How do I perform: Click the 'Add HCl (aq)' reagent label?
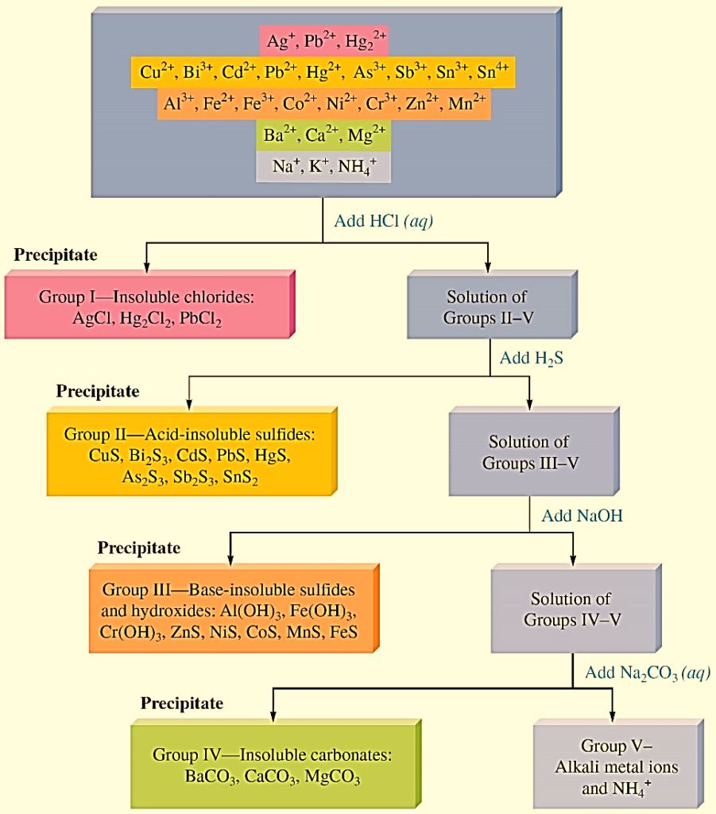pyautogui.click(x=383, y=221)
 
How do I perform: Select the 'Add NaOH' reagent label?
pyautogui.click(x=582, y=515)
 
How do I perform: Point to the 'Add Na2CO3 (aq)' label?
pyautogui.click(x=648, y=673)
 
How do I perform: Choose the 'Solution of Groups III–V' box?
pyautogui.click(x=528, y=452)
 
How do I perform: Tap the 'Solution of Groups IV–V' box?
pyautogui.click(x=571, y=609)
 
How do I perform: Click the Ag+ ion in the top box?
pyautogui.click(x=281, y=41)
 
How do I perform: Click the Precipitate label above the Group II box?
pyautogui.click(x=97, y=391)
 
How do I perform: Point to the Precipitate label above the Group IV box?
pyautogui.click(x=182, y=703)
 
